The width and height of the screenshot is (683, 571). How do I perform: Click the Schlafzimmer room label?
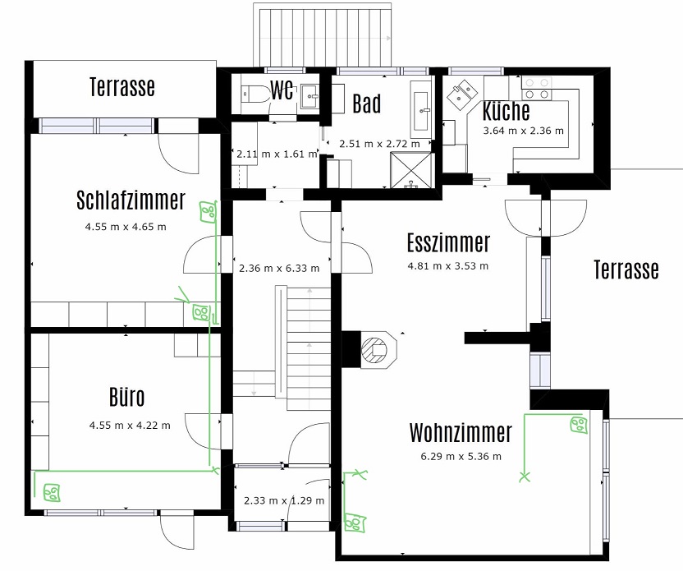(x=131, y=200)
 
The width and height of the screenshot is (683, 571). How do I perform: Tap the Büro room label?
(x=126, y=397)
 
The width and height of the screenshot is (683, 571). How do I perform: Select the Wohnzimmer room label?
(x=461, y=432)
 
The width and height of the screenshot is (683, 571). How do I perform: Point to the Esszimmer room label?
(x=449, y=243)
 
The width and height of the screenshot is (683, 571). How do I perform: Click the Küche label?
(x=507, y=110)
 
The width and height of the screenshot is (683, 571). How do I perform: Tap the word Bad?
(x=366, y=104)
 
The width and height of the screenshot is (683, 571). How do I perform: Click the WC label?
(x=282, y=90)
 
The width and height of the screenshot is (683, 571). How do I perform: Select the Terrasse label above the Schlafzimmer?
(x=122, y=86)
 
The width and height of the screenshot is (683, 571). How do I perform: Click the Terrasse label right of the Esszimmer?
(x=626, y=269)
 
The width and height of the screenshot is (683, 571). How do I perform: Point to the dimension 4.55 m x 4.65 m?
(x=126, y=227)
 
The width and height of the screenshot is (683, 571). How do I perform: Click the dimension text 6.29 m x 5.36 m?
(x=461, y=456)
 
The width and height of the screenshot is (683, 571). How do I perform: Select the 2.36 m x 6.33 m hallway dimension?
(x=279, y=268)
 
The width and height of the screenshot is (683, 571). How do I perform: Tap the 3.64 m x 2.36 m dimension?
(x=524, y=131)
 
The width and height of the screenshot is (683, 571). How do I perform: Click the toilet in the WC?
(x=257, y=93)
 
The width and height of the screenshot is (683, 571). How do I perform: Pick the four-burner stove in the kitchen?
(x=537, y=89)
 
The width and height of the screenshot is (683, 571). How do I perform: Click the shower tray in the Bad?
(x=411, y=170)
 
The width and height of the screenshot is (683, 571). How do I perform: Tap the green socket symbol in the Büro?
(x=52, y=492)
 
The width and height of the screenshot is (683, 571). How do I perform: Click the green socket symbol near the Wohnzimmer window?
(x=579, y=425)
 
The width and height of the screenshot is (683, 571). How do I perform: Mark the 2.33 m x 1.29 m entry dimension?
(x=284, y=500)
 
